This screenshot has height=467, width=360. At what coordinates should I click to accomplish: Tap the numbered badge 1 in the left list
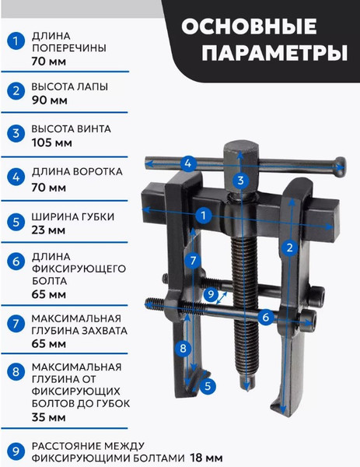click(x=14, y=41)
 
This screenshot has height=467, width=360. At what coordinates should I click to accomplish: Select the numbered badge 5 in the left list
click(x=14, y=222)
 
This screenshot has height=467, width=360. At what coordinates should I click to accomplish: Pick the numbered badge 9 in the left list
click(x=14, y=450)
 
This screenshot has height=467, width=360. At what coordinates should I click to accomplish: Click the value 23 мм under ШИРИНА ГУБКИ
click(x=48, y=230)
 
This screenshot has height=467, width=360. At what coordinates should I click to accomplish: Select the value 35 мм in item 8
click(x=48, y=417)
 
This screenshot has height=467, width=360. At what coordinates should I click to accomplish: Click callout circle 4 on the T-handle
click(x=187, y=163)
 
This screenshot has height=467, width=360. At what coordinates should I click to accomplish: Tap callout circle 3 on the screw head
click(x=241, y=181)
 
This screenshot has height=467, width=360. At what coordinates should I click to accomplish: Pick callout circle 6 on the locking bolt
click(x=265, y=317)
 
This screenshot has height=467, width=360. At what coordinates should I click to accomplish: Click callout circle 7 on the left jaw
click(x=193, y=260)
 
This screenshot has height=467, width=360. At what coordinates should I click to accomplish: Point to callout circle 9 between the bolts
click(x=211, y=294)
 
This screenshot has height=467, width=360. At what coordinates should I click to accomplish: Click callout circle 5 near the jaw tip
click(x=207, y=384)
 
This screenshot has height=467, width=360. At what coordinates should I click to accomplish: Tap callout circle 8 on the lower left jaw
click(x=183, y=348)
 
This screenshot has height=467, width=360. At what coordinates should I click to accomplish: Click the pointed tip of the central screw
click(x=248, y=386)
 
